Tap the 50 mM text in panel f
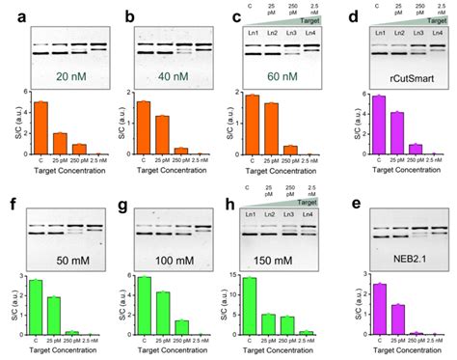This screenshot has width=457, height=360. pyautogui.click(x=64, y=261)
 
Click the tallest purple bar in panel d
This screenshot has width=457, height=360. pyautogui.click(x=379, y=125)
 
